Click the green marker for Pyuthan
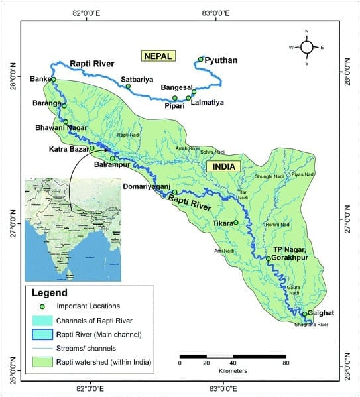[x=200, y=60]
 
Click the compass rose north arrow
[x=307, y=47]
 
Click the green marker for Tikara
[x=236, y=223]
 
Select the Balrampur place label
[x=111, y=165]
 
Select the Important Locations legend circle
[x=42, y=306]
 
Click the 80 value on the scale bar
[x=286, y=363]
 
